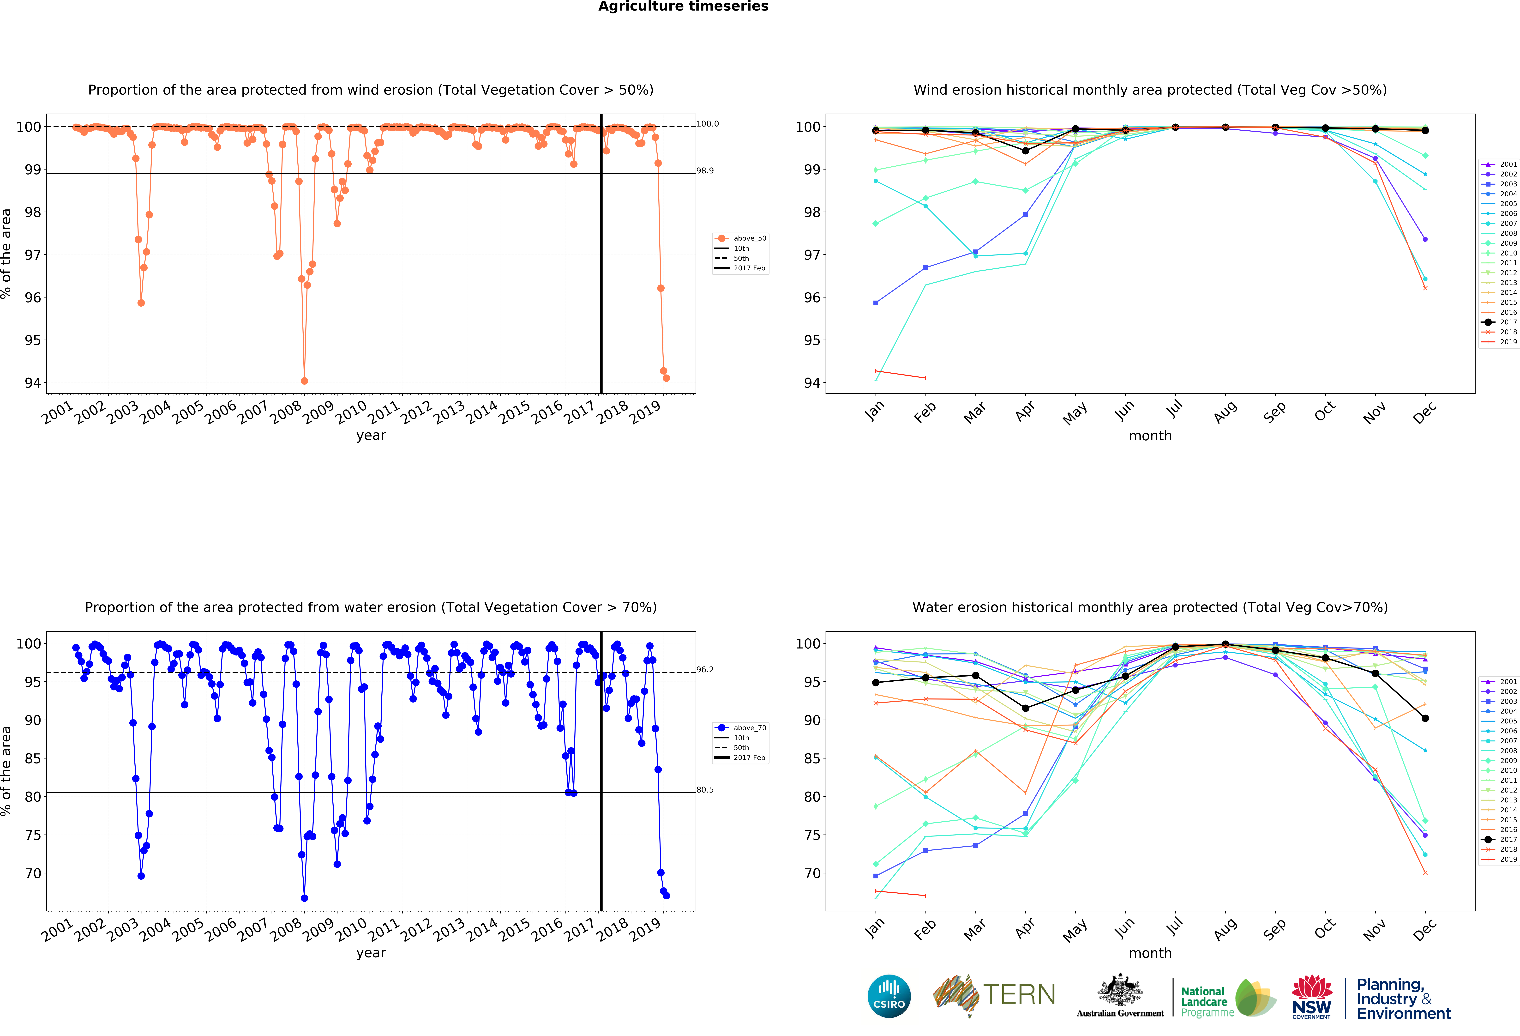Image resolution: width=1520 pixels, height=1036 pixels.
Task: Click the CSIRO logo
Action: tap(889, 996)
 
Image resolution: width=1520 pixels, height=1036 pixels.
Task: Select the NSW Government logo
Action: tap(1311, 997)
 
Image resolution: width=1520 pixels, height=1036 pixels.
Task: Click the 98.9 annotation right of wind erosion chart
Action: tap(705, 171)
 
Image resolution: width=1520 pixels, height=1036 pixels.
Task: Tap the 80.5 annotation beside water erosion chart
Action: tap(705, 790)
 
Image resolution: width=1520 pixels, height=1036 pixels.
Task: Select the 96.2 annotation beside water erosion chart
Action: tap(705, 670)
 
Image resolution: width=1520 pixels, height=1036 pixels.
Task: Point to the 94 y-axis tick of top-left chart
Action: tap(33, 383)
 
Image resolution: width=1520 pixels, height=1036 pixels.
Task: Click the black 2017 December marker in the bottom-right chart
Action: tap(1425, 718)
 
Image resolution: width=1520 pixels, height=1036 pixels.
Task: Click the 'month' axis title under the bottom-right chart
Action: tap(1150, 953)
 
